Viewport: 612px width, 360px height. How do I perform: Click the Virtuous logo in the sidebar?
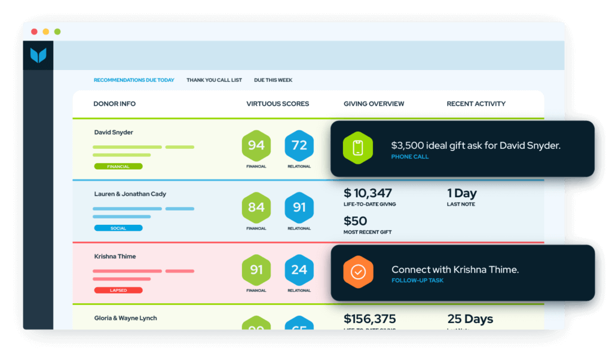coord(38,56)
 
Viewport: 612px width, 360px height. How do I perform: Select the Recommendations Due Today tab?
coord(134,80)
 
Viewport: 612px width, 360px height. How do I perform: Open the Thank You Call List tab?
coord(214,80)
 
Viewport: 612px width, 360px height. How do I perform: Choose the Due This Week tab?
coord(273,80)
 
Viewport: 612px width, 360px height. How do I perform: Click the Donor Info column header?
coord(114,104)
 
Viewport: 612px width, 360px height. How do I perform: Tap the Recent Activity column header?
coord(476,104)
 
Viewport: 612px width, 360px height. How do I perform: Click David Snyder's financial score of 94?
coord(256,145)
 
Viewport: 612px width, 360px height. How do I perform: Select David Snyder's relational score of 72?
coord(299,145)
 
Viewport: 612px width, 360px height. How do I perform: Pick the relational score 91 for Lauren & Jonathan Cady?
coord(299,208)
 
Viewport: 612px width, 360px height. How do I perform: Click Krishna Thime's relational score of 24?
coord(299,270)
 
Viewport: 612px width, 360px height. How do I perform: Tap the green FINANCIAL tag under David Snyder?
coord(118,166)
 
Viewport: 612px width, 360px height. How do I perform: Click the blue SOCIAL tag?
coord(118,228)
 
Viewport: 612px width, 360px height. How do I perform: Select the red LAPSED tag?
coord(118,290)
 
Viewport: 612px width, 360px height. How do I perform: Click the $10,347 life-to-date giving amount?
coord(368,193)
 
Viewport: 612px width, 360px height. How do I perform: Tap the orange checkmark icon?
coord(357,272)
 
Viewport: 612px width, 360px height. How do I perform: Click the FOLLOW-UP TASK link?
coord(417,280)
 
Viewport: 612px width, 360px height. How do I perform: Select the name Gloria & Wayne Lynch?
coord(126,318)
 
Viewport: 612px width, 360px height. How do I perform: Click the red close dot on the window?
coord(34,32)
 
